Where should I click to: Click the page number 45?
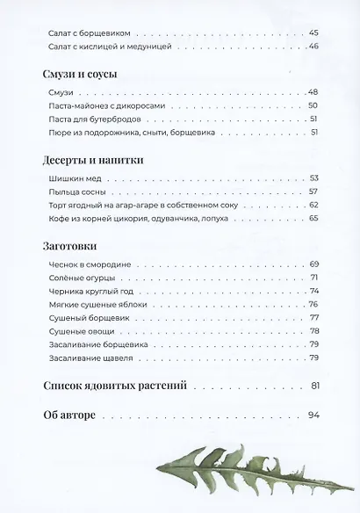[x=313, y=33]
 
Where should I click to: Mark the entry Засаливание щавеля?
[x=97, y=358]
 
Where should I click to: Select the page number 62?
[x=313, y=205]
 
